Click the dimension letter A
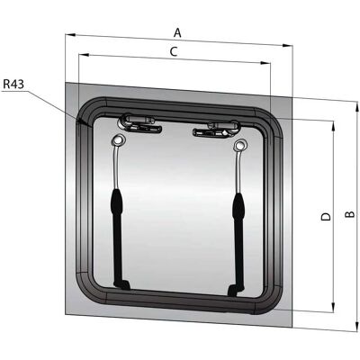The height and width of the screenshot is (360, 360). click(x=178, y=32)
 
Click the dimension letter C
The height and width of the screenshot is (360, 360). click(x=174, y=51)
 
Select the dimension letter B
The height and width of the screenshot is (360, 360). click(x=349, y=214)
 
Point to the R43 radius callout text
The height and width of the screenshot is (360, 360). click(x=13, y=85)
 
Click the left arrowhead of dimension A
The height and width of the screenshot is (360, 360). click(x=70, y=35)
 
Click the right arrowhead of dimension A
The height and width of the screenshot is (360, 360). click(x=288, y=46)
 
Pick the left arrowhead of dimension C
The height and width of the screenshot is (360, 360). click(x=83, y=55)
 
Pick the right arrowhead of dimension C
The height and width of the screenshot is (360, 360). click(x=265, y=63)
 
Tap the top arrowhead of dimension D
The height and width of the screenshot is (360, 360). click(x=333, y=125)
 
